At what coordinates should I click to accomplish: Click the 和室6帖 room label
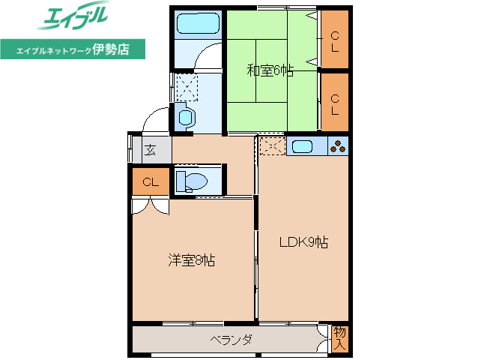tap(270, 71)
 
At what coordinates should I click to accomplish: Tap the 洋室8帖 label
tap(192, 260)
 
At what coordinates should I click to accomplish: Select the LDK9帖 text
tap(303, 242)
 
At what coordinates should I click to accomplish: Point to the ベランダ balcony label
tap(230, 340)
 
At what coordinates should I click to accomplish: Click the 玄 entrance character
tap(150, 150)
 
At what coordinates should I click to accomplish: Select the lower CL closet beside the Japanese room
tap(335, 103)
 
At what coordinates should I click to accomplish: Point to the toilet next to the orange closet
tap(193, 181)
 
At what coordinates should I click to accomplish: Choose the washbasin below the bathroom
tap(185, 118)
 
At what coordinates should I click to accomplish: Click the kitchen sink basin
tap(306, 146)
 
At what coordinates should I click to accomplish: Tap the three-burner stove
tap(338, 146)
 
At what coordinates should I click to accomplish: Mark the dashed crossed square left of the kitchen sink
tap(271, 146)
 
